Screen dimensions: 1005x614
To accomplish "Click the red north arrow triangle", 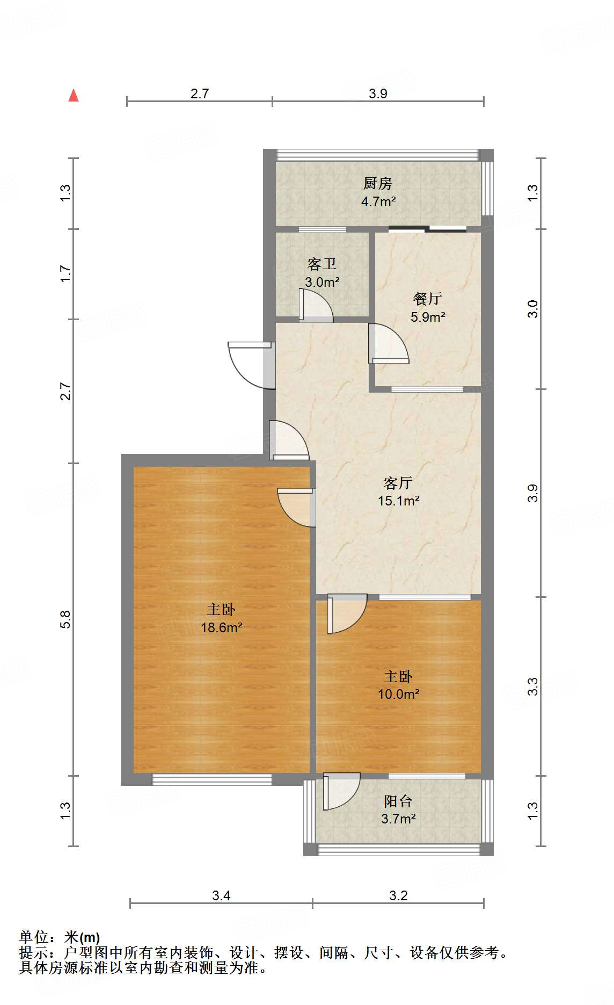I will tap(74, 96).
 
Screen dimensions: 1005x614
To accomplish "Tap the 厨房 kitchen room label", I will tap(378, 184).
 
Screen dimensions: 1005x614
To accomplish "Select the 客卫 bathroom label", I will tap(322, 264).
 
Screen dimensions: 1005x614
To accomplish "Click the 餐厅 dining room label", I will tap(428, 299).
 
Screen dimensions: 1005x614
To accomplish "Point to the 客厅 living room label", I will tap(398, 483).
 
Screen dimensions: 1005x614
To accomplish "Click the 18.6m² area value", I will tap(222, 627).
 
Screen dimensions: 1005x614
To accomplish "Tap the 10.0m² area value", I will tap(398, 694).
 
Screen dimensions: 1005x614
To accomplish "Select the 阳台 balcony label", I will tap(398, 801).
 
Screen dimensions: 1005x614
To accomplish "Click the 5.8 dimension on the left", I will tap(65, 619).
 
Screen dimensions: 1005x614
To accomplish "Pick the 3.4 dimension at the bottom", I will tap(221, 895).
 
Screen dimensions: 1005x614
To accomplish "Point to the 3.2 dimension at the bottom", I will tap(398, 895).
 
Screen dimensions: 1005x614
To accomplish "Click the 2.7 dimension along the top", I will tap(200, 93).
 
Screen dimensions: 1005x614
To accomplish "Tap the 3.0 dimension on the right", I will tap(532, 309).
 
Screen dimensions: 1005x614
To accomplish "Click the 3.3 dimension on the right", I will tap(532, 686).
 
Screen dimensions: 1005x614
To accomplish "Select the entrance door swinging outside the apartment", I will tap(250, 364).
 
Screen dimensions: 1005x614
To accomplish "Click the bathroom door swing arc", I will tap(317, 306).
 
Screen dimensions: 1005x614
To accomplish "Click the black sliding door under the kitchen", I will tap(428, 229).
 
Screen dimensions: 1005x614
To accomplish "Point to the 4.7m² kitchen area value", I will tap(378, 202).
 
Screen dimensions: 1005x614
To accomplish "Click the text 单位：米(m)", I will tap(60, 937).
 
